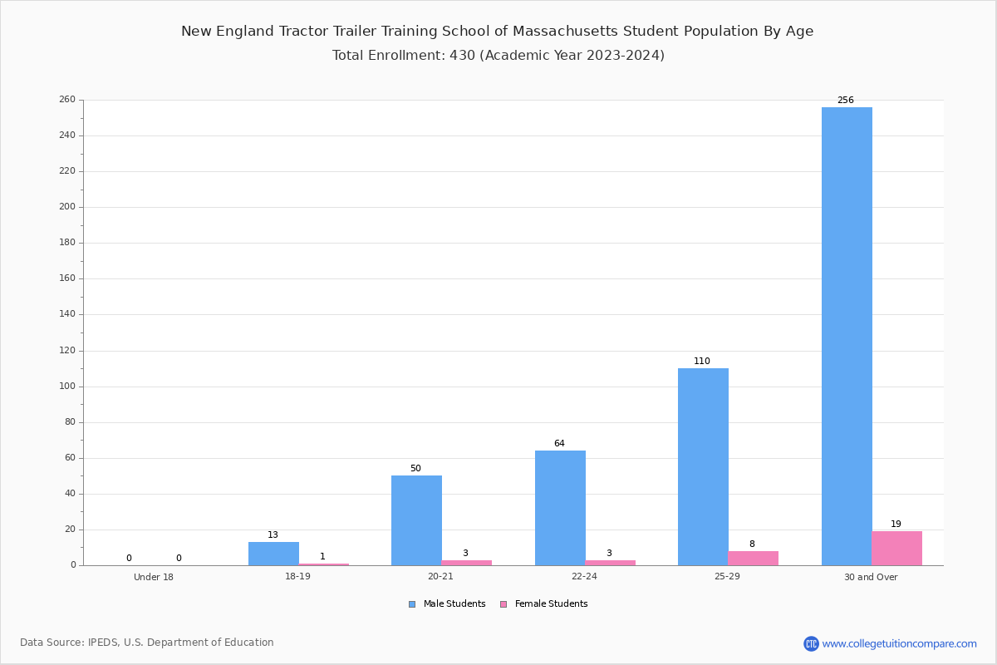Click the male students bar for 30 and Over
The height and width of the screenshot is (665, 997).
(847, 337)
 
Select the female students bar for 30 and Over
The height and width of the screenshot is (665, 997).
(896, 549)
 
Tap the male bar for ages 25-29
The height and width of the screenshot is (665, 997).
(703, 467)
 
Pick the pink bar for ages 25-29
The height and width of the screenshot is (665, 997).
(753, 559)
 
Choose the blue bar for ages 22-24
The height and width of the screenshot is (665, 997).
(560, 508)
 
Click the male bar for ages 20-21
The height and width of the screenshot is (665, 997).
(416, 520)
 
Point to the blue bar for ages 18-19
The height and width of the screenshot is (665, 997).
(273, 554)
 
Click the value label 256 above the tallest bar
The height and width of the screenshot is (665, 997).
(846, 101)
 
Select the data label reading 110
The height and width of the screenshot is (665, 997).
(702, 362)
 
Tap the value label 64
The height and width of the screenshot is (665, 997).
(559, 443)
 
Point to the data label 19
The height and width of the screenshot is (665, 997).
(896, 524)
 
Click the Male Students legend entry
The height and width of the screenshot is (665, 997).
(447, 604)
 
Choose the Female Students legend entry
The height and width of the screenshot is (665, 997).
(544, 604)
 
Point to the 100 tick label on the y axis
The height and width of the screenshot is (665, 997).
(67, 387)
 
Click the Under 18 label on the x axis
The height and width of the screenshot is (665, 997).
(154, 577)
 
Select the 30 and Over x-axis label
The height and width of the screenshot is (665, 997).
(871, 577)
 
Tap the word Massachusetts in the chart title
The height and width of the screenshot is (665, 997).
(565, 32)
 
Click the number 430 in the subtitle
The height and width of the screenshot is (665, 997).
(463, 55)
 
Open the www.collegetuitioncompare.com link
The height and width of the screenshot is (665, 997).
(899, 643)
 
